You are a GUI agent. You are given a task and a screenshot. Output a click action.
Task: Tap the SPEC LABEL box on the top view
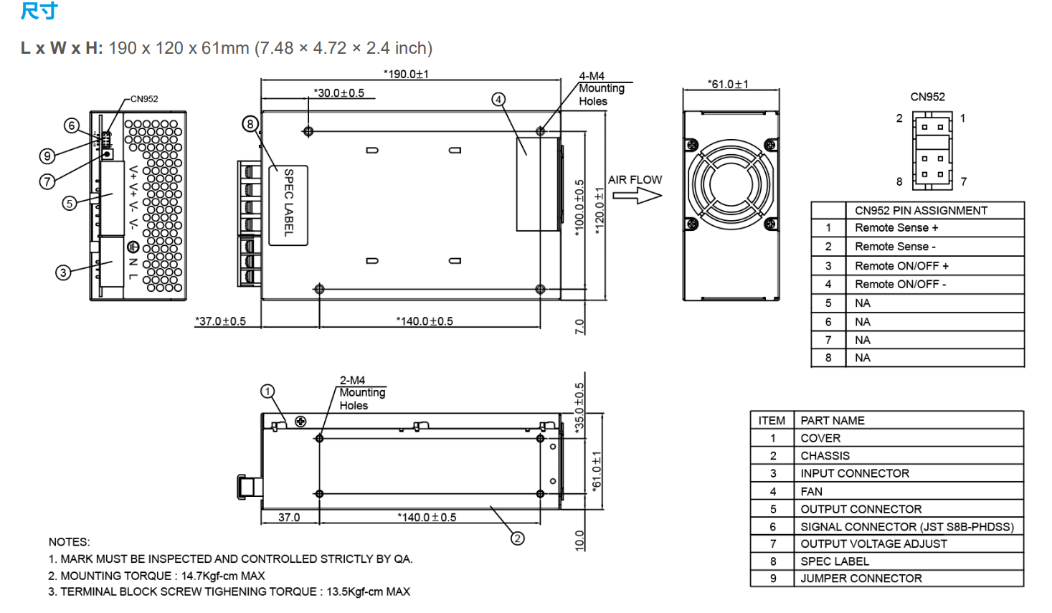(x=288, y=204)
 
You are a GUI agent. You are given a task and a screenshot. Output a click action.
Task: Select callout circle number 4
(x=498, y=100)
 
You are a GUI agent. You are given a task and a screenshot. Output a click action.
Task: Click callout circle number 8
(x=250, y=124)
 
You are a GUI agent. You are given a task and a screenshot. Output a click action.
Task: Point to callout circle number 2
(x=518, y=538)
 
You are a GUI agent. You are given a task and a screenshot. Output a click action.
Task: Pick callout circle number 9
(x=47, y=156)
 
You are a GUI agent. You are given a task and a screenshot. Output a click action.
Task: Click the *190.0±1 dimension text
(x=406, y=74)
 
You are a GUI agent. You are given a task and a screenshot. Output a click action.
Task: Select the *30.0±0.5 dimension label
(x=338, y=93)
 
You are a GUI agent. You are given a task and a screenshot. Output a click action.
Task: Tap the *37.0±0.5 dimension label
(x=220, y=321)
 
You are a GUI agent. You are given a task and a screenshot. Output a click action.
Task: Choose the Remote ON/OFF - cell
(x=900, y=285)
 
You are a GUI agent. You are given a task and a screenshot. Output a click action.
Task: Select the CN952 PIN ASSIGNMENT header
(x=921, y=211)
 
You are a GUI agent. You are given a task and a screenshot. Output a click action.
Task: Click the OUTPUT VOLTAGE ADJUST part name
(x=873, y=544)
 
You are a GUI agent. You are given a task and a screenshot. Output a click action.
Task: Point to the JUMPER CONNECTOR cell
(x=861, y=579)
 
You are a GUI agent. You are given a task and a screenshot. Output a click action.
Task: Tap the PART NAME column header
(x=833, y=421)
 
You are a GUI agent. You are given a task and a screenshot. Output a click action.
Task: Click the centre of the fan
(x=731, y=184)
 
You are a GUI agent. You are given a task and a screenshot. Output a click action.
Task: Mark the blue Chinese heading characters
(x=39, y=11)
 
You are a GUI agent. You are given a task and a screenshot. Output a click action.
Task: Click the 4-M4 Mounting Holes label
(x=601, y=88)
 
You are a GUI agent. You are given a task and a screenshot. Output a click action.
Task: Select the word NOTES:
(x=70, y=542)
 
